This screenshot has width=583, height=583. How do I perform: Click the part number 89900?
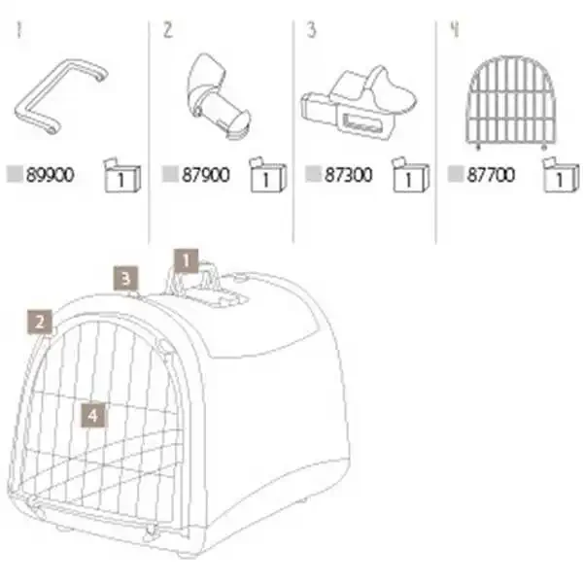(x=51, y=175)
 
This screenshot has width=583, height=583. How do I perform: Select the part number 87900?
(x=206, y=175)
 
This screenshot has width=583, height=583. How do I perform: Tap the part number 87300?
(x=349, y=175)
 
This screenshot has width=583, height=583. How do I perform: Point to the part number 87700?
(x=491, y=175)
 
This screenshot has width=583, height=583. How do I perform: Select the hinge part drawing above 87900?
(x=217, y=96)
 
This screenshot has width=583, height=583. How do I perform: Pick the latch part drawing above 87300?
(x=359, y=102)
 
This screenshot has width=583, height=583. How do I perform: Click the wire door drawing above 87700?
(x=510, y=102)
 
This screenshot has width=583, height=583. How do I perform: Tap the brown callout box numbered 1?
(x=187, y=261)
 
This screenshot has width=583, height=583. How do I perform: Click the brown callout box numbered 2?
(x=40, y=322)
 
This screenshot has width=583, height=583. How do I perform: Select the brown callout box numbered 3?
(x=125, y=278)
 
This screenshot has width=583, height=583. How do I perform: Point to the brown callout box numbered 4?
(x=93, y=415)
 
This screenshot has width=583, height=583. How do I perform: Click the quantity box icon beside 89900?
(x=122, y=175)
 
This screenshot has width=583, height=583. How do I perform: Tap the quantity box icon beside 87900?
(x=268, y=175)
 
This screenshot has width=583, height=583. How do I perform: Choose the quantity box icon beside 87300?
(x=410, y=175)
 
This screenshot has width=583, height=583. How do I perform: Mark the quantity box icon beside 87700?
(x=561, y=175)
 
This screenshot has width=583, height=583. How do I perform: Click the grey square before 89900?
(x=15, y=174)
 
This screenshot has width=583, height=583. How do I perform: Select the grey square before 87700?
(x=456, y=174)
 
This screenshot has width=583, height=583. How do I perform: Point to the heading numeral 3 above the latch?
(x=311, y=30)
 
